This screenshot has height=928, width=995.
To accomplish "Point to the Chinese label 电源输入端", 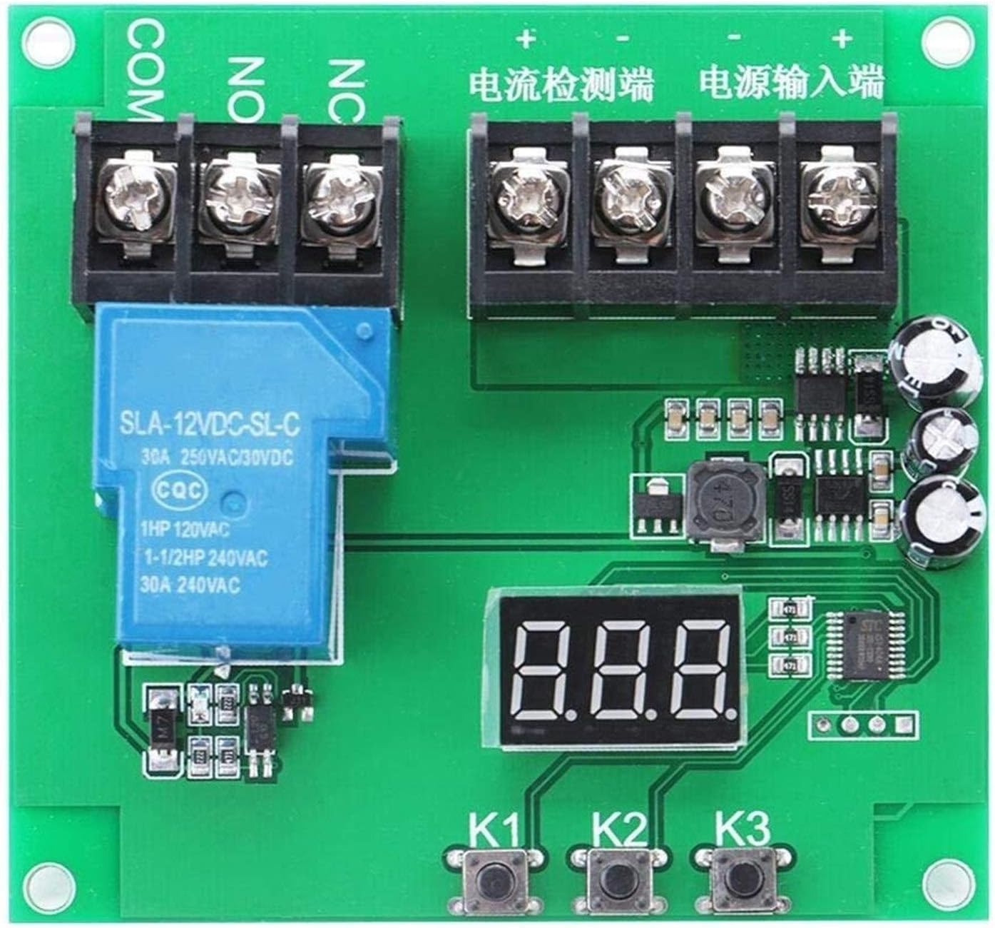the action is (791, 83).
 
